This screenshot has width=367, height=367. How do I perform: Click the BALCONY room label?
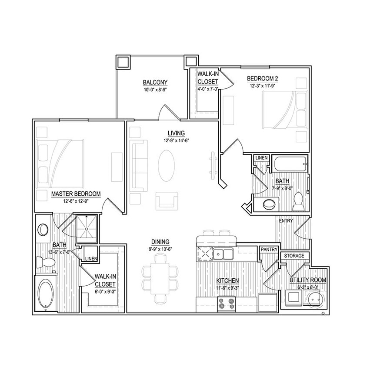click(155, 82)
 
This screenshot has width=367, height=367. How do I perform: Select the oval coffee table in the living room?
click(167, 166)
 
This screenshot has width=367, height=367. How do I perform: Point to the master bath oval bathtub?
click(45, 294)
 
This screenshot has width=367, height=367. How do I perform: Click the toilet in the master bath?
click(46, 262)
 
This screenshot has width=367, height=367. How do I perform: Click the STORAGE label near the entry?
click(294, 256)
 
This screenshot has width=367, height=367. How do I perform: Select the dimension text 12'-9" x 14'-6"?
click(176, 140)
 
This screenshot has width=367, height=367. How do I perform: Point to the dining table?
click(160, 279)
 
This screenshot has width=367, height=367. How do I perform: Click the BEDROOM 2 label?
click(262, 78)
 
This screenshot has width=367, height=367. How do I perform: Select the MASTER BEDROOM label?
click(76, 194)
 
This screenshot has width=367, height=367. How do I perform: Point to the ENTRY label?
click(286, 221)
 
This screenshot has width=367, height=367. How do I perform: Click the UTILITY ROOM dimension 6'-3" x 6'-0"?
click(307, 287)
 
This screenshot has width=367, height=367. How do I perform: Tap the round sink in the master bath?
click(43, 230)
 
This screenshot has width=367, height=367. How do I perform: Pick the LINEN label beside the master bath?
click(91, 259)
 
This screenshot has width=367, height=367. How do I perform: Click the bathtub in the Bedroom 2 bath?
click(290, 165)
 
